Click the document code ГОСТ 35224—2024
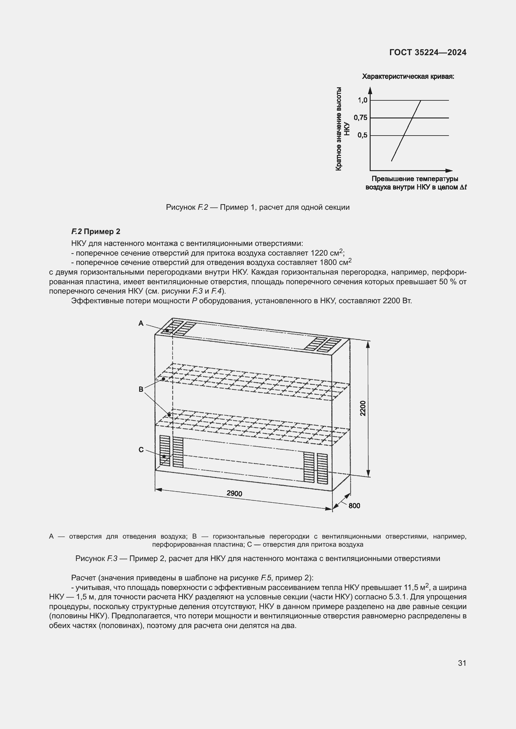pos(428,52)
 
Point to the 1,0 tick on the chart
pos(363,100)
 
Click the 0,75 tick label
pos(361,118)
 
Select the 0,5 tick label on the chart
pos(362,135)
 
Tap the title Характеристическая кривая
pos(408,77)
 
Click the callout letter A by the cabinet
pos(141,323)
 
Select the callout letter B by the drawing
pos(141,389)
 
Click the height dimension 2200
pos(363,408)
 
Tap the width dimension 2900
pos(235,493)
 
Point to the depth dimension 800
pos(354,506)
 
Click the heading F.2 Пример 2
pos(96,232)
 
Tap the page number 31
pos(462,663)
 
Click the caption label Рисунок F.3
pos(97,559)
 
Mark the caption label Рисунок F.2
pos(187,207)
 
